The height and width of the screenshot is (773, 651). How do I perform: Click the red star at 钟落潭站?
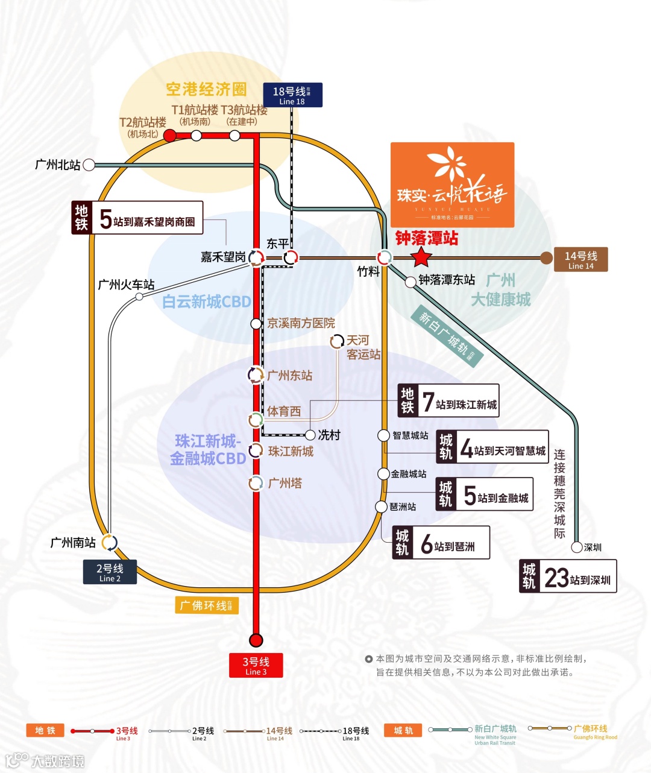point(421,258)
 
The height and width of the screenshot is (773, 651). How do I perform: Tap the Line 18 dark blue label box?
point(293,95)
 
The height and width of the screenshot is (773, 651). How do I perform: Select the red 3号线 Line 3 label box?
point(256,666)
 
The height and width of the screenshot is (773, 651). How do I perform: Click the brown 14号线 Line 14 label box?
point(580,260)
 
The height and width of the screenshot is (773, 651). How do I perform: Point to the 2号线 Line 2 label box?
point(110,572)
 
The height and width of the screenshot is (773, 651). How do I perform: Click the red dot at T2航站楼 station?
point(170,136)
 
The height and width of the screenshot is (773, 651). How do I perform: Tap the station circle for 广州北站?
point(89,165)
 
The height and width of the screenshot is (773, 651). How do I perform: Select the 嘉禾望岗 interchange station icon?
point(256,258)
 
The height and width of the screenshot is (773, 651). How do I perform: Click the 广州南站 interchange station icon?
point(110,543)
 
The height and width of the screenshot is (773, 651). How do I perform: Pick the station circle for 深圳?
point(577,547)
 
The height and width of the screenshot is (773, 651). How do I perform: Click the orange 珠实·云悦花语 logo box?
point(452,185)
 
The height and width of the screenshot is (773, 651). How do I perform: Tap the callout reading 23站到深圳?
point(568,576)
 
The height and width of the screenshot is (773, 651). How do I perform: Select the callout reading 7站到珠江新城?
point(449,400)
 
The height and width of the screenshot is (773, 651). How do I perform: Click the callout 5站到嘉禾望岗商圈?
point(137,218)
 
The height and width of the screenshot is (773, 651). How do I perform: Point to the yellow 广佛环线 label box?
point(207,605)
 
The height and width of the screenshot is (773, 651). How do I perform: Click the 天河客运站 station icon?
point(337,342)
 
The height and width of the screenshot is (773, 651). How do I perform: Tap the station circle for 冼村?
point(310,435)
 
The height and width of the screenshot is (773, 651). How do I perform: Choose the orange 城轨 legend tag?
point(403,731)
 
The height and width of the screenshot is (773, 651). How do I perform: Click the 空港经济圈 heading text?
point(206,90)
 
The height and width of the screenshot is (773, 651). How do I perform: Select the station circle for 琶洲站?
point(381,506)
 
